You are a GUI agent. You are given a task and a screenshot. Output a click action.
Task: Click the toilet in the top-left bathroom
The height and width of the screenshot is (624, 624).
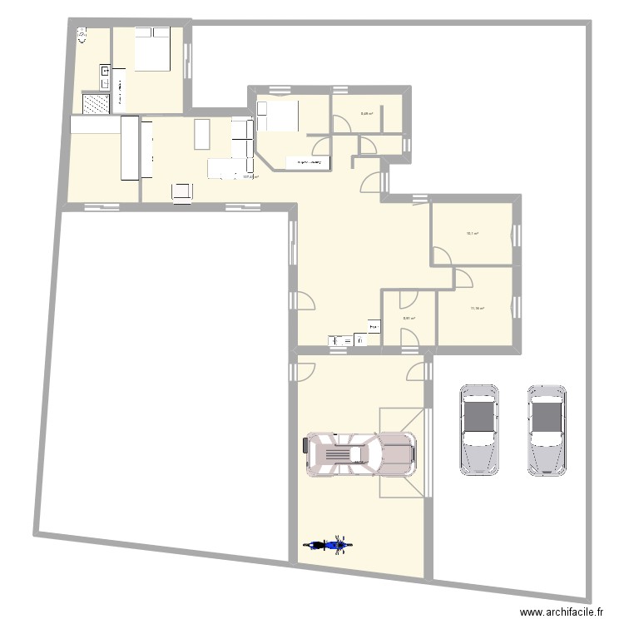[x=82, y=35]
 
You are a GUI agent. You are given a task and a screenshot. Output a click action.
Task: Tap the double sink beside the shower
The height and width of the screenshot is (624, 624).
[x=106, y=78]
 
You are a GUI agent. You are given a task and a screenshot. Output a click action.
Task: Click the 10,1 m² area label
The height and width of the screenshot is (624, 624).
[x=472, y=234]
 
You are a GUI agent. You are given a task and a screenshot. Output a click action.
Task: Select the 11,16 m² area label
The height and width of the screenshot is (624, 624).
[x=477, y=308]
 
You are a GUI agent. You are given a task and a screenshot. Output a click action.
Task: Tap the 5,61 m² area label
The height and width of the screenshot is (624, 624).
[x=409, y=317]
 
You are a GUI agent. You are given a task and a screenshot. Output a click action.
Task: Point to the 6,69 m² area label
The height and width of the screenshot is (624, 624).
[x=366, y=115]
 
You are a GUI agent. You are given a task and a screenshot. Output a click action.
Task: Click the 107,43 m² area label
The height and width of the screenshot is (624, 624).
[x=250, y=176]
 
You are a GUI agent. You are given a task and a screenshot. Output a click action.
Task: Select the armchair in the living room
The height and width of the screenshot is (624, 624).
[x=181, y=191]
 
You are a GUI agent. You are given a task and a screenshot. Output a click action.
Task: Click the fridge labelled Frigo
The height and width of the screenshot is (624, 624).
[x=374, y=329]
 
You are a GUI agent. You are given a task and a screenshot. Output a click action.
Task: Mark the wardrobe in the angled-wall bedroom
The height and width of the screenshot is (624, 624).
[x=305, y=162]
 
